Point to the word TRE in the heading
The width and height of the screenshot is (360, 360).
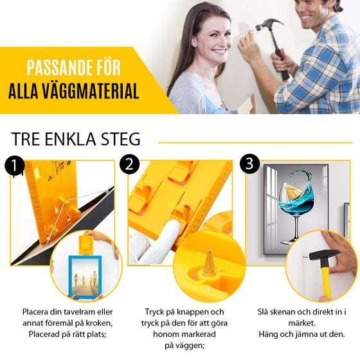pos(28,139)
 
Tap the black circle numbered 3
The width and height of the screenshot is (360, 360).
pos(249,163)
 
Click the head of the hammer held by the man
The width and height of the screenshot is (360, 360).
pos(270,27)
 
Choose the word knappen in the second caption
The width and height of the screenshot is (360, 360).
pos(188,311)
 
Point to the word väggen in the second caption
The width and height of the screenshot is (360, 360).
pos(190,346)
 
